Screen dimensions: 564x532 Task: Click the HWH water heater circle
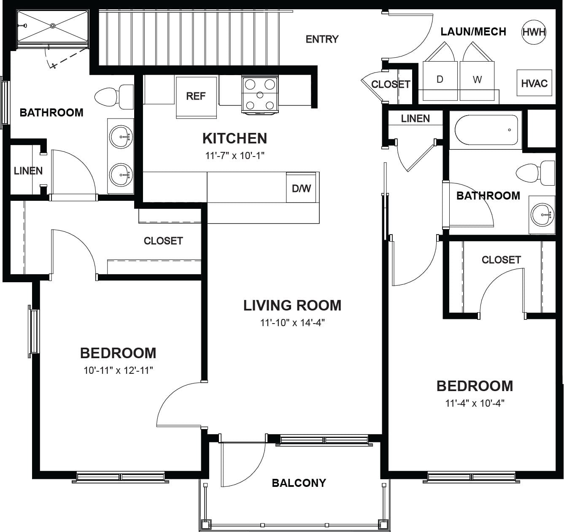click(534, 32)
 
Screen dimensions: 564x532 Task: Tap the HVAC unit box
click(534, 83)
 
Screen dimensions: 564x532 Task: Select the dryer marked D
click(440, 81)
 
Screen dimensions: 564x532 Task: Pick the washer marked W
click(477, 81)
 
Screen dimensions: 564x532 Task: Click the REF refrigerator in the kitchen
click(196, 97)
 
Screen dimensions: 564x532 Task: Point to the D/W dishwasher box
click(301, 188)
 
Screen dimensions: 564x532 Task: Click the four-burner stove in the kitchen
click(260, 95)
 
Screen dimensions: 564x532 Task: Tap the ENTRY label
click(322, 39)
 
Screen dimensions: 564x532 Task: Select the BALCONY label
click(299, 483)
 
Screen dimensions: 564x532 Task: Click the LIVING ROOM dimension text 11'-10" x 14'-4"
click(292, 322)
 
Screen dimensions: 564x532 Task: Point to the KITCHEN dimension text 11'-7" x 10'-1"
click(235, 156)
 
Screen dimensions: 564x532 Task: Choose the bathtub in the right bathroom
click(486, 130)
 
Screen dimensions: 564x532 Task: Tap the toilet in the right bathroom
click(535, 173)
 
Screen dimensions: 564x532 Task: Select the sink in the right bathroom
click(542, 214)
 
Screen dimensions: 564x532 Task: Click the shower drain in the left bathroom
click(53, 26)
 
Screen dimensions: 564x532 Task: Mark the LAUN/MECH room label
click(473, 32)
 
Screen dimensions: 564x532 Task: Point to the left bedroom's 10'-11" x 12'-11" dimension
click(118, 370)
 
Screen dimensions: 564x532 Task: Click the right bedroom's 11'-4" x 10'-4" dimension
click(475, 403)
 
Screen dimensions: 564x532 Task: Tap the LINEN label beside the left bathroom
click(28, 171)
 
